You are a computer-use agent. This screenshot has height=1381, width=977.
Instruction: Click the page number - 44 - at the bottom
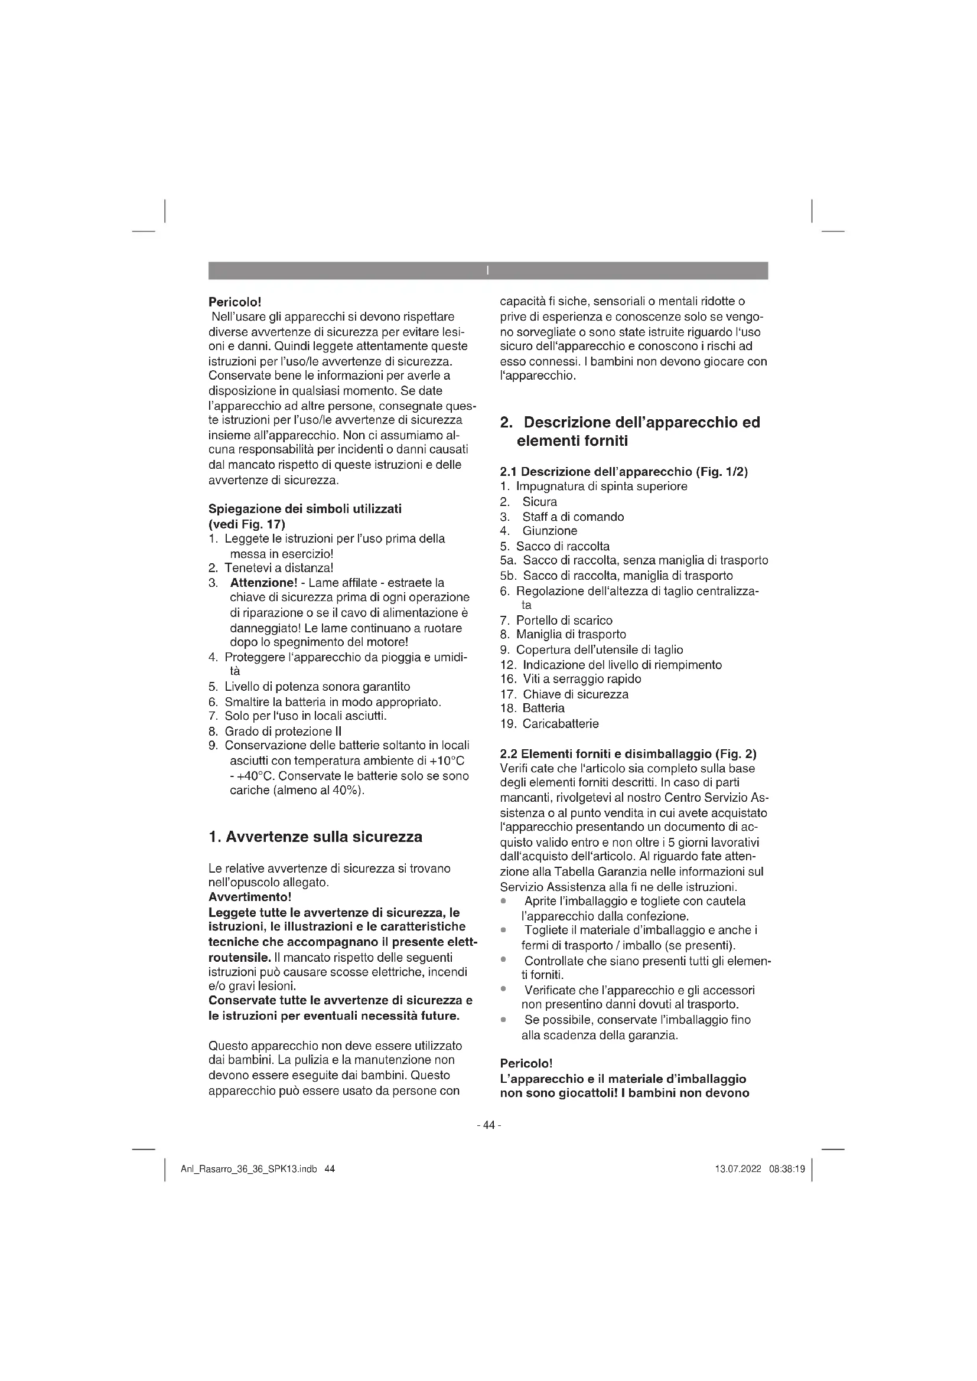point(488,1125)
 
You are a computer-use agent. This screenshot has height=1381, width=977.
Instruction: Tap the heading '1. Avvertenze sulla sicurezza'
point(315,837)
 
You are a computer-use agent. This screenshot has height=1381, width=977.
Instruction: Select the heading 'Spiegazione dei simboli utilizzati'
point(304,509)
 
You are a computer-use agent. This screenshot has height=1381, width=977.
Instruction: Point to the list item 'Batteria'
point(543,709)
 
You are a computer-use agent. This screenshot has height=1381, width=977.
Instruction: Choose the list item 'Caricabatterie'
point(561,724)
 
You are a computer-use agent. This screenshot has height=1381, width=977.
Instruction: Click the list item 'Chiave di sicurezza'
point(575,694)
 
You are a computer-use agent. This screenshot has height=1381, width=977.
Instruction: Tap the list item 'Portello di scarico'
point(564,620)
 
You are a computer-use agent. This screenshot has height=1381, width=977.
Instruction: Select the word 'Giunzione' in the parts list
point(549,531)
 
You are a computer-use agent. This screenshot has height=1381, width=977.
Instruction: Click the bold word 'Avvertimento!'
point(249,897)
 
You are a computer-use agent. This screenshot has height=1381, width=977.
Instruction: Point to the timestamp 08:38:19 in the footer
point(786,1169)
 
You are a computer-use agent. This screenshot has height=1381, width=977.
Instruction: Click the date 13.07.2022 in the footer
point(738,1169)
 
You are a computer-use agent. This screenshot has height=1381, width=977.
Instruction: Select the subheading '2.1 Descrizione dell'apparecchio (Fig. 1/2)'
point(624,472)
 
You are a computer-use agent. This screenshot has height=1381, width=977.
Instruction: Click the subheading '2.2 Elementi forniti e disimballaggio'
point(628,753)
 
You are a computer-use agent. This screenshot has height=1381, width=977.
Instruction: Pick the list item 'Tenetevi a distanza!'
point(279,568)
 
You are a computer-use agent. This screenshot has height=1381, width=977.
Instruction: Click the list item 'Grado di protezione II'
point(283,732)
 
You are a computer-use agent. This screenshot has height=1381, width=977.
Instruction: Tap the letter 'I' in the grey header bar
point(487,270)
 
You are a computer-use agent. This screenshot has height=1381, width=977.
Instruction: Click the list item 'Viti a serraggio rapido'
point(582,679)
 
